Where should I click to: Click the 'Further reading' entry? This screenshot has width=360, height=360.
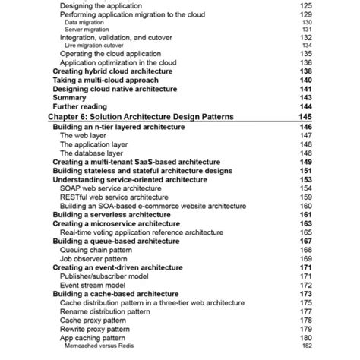click(80, 107)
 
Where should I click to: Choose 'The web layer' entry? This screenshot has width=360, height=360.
click(87, 135)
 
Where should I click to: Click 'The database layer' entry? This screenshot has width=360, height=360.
click(97, 153)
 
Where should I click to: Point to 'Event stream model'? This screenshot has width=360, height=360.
click(95, 285)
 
